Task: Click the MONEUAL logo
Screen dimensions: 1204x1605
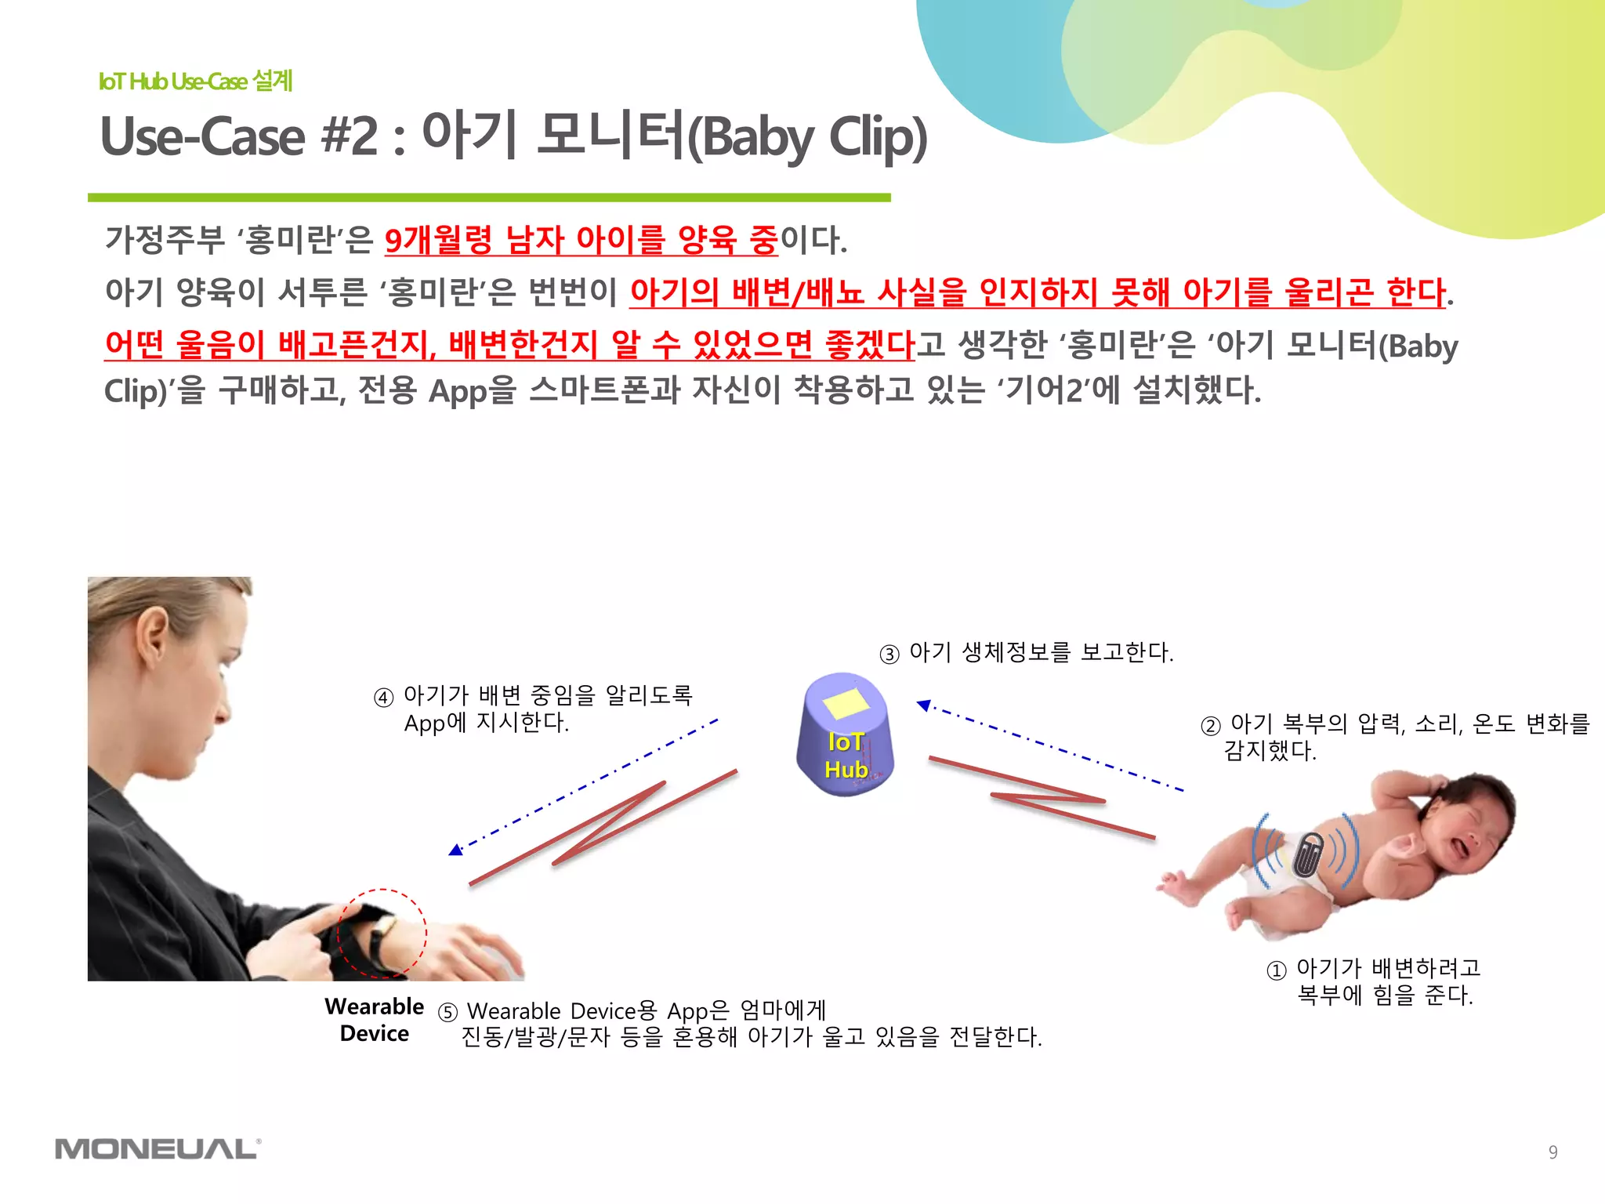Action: coord(158,1149)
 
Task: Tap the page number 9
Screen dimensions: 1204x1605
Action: coord(1552,1151)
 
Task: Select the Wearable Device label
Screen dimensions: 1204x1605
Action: coord(374,1020)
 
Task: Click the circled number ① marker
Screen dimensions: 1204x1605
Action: coord(1277,970)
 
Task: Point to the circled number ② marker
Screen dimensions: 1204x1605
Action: coord(1210,726)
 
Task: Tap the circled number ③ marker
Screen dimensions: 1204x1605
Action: coord(889,654)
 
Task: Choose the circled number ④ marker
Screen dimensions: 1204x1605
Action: coord(383,698)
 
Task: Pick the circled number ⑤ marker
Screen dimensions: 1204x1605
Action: coord(447,1013)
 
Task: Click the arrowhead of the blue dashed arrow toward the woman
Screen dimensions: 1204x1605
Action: coord(455,850)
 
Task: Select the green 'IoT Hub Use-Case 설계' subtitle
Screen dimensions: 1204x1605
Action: coord(195,81)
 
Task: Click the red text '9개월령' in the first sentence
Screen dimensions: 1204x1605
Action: coord(437,240)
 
